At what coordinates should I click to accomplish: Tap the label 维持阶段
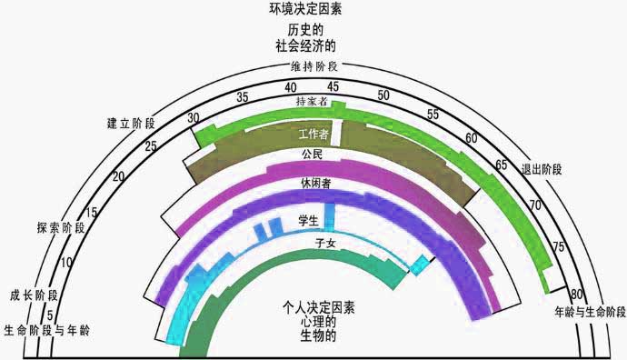pyautogui.click(x=314, y=67)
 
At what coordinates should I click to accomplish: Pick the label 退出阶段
pyautogui.click(x=542, y=170)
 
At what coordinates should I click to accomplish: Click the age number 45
pyautogui.click(x=333, y=86)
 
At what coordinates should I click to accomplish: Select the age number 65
pyautogui.click(x=500, y=165)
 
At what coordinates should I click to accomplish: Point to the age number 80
pyautogui.click(x=576, y=295)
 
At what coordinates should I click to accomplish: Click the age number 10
pyautogui.click(x=66, y=263)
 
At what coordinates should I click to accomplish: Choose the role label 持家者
pyautogui.click(x=312, y=103)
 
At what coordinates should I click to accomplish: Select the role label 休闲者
pyautogui.click(x=315, y=184)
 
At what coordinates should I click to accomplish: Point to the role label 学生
pyautogui.click(x=308, y=220)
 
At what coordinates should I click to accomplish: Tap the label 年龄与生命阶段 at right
pyautogui.click(x=590, y=312)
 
